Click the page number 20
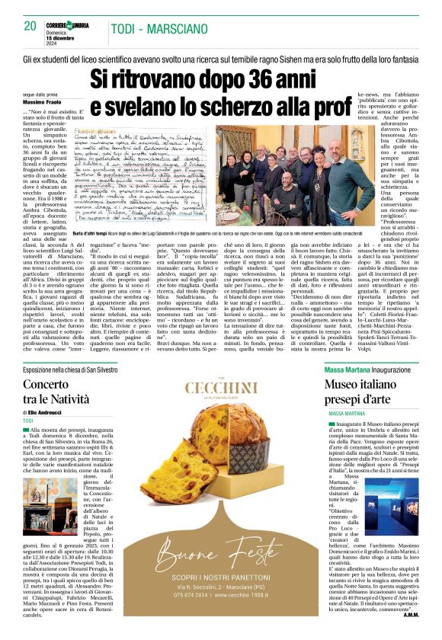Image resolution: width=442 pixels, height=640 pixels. (30, 25)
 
